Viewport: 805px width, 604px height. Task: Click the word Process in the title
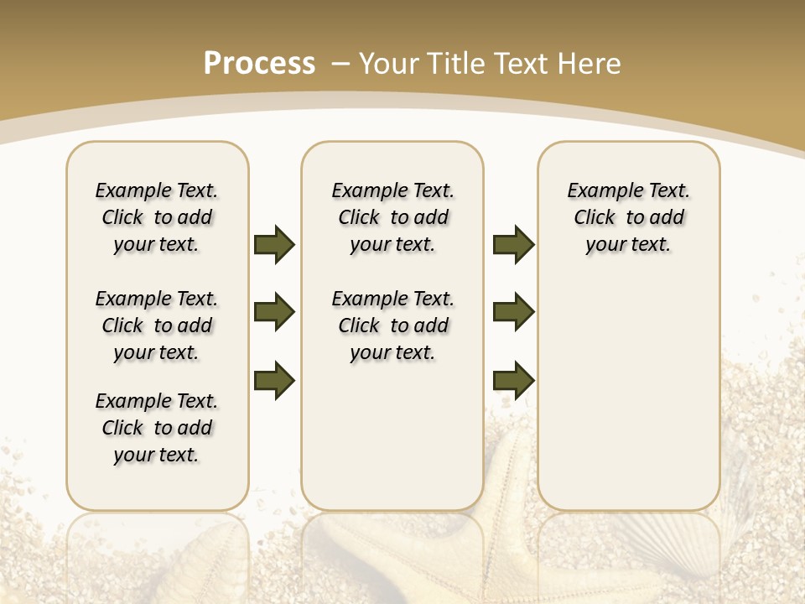[259, 63]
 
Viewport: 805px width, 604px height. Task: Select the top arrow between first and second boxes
[274, 244]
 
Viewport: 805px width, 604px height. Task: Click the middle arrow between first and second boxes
[274, 312]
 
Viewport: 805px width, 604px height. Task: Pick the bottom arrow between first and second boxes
[274, 380]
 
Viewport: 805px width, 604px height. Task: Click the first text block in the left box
[157, 217]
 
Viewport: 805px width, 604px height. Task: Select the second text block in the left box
[157, 325]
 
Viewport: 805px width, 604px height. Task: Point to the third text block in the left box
[157, 428]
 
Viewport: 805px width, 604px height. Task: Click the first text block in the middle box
[392, 217]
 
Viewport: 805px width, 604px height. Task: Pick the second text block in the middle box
[392, 325]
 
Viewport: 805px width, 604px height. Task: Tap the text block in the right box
[628, 217]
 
